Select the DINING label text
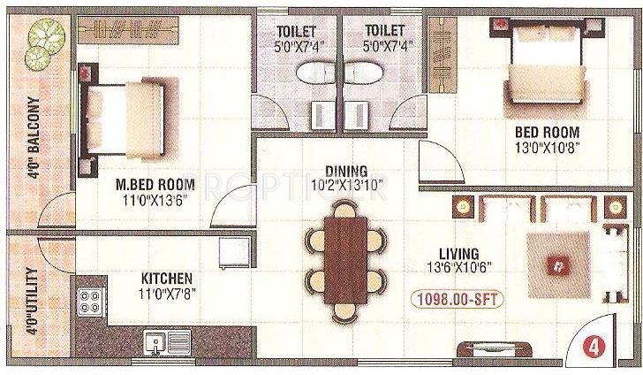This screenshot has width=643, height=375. pyautogui.click(x=345, y=171)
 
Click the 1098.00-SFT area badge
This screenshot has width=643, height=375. pyautogui.click(x=455, y=300)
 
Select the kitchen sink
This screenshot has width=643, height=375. pyautogui.click(x=166, y=341)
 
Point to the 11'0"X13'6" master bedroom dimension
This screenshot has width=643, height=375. pyautogui.click(x=156, y=200)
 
